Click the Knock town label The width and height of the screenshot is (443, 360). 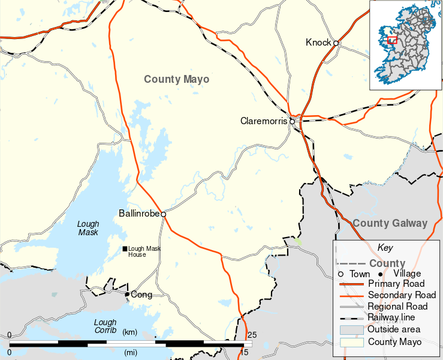[x=318, y=42]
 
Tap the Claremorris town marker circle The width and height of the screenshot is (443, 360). [x=292, y=121]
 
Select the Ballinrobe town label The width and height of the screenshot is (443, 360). [x=139, y=213]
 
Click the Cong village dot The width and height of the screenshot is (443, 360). [x=127, y=294]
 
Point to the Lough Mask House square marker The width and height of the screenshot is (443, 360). [x=125, y=249]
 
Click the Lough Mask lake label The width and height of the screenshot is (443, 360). [x=88, y=228]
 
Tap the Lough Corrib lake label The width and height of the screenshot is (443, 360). [x=105, y=326]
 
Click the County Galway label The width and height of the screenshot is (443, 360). [x=390, y=223]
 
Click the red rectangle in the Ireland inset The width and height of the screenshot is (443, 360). [x=392, y=40]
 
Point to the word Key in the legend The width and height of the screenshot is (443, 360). [x=384, y=247]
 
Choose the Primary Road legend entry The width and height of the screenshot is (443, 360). [x=396, y=284]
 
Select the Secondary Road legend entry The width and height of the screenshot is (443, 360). [x=401, y=295]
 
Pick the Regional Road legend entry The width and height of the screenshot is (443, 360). [x=397, y=306]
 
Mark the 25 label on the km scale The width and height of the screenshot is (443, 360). [x=252, y=334]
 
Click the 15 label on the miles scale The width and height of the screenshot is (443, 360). [x=244, y=352]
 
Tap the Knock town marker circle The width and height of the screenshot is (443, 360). [x=336, y=43]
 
